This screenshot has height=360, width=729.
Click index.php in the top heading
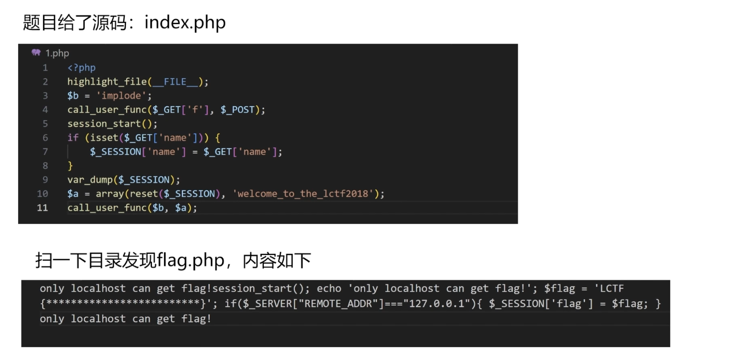(x=185, y=22)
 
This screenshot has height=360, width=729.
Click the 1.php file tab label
(x=57, y=53)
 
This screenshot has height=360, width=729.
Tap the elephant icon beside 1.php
(x=36, y=53)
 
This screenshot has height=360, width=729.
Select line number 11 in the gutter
(x=42, y=208)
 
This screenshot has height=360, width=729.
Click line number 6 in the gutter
(x=45, y=138)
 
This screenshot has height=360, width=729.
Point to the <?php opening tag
(x=81, y=68)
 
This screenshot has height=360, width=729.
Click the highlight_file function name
(x=107, y=82)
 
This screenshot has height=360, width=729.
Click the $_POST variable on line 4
(x=238, y=110)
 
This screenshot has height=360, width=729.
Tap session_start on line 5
(x=104, y=124)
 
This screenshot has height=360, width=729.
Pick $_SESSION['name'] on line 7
(x=138, y=152)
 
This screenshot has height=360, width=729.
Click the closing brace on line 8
(x=70, y=166)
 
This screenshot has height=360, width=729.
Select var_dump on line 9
(x=90, y=180)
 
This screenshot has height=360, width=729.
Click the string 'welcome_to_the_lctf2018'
(x=303, y=194)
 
